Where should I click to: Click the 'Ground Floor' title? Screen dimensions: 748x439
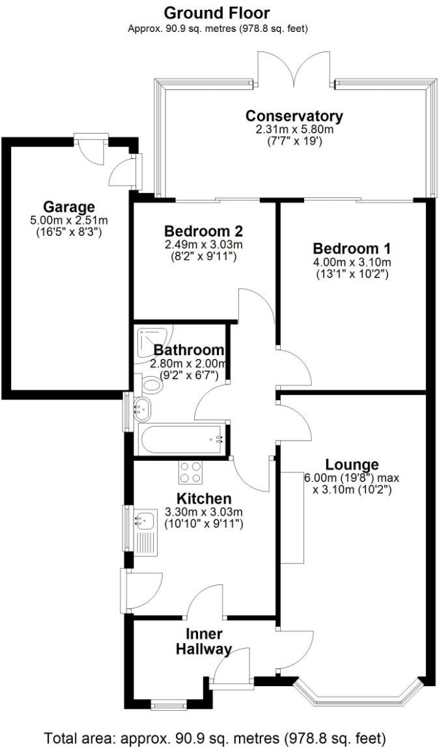click(216, 13)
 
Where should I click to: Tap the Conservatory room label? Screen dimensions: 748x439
click(294, 116)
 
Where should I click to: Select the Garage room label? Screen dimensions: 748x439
click(69, 208)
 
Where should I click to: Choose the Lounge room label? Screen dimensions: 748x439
click(352, 465)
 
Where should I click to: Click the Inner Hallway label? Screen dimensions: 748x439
click(205, 641)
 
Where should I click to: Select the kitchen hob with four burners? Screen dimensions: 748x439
click(190, 472)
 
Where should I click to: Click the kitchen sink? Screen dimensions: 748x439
click(144, 521)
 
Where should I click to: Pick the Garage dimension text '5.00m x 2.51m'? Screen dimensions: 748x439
click(69, 220)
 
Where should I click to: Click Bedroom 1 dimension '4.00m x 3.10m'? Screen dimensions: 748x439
click(352, 263)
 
